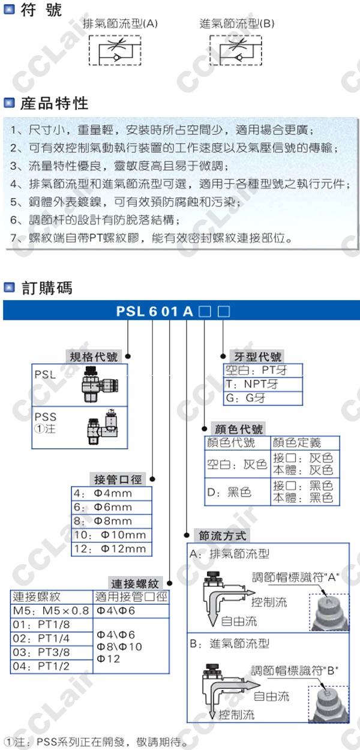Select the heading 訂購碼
tap(46, 288)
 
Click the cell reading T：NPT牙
tap(263, 384)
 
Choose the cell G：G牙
tap(263, 398)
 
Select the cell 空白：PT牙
tap(263, 370)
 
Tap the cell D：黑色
tap(237, 492)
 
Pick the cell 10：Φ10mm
tap(112, 535)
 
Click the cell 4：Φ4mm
tap(112, 493)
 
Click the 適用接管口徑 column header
tap(131, 597)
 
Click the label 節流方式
tap(223, 535)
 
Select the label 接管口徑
tap(118, 479)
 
